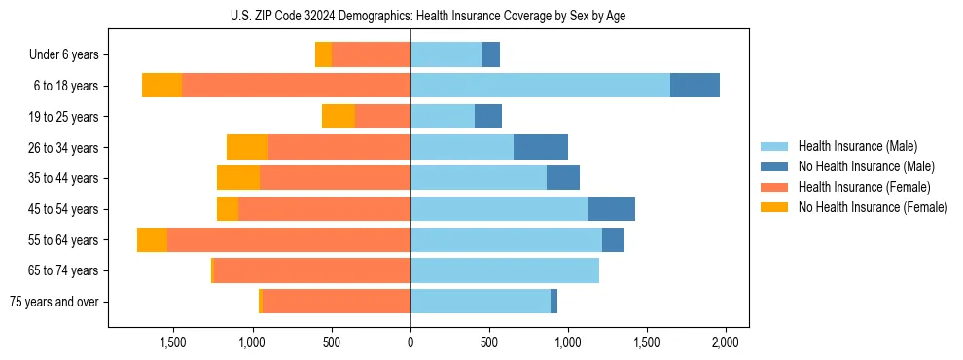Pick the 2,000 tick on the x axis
(726, 342)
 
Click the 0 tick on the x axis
(410, 342)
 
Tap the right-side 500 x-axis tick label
(489, 342)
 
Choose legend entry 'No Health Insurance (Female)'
(873, 207)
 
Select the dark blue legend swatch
(775, 166)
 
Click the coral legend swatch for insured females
(775, 187)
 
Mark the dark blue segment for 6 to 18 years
(695, 86)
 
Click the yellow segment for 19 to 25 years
(339, 117)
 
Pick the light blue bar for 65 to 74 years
(505, 270)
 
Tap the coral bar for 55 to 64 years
(289, 240)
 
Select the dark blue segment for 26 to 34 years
(541, 147)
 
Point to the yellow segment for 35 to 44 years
(238, 178)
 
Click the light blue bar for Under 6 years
(446, 55)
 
